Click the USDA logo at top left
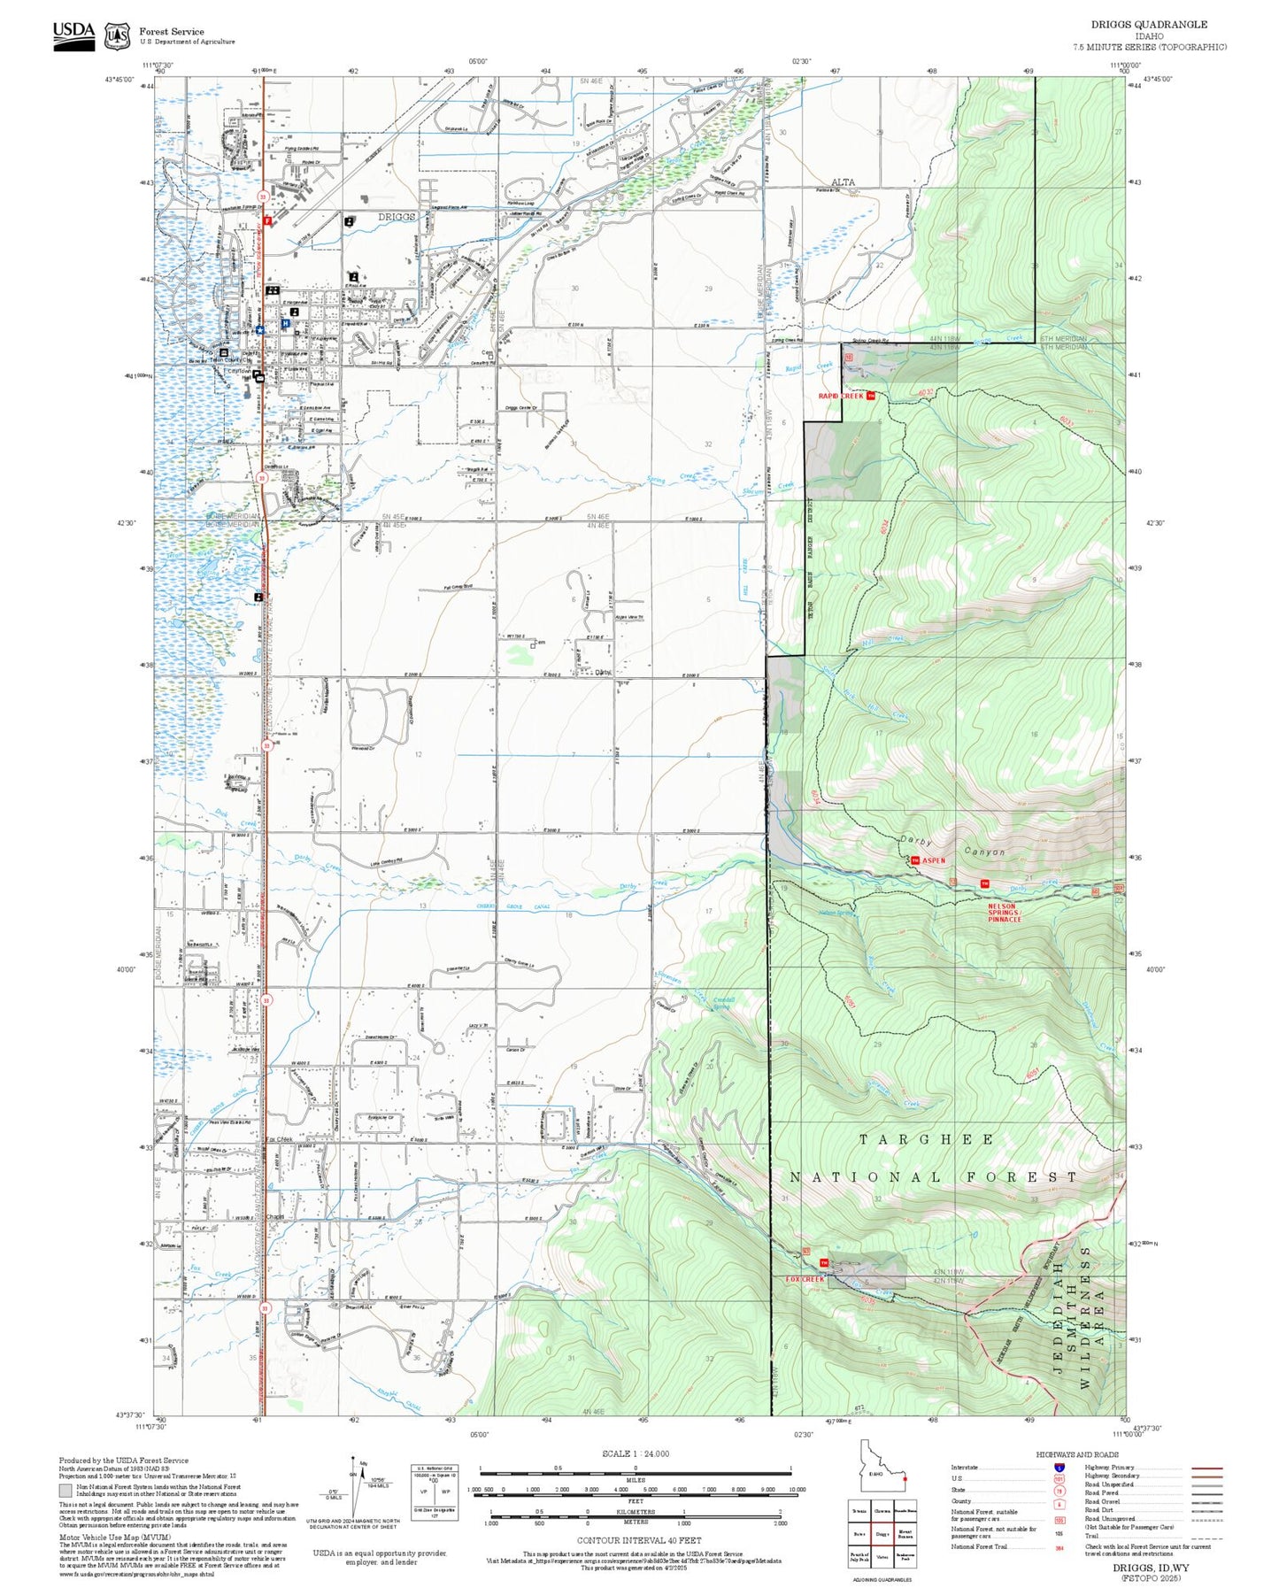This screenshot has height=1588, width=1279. pos(73,35)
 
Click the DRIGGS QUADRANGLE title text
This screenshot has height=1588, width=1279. pos(1149,25)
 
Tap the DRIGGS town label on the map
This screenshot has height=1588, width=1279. pos(397,217)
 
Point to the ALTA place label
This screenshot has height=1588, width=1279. pos(843,182)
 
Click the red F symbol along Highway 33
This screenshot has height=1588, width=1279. pos(267,220)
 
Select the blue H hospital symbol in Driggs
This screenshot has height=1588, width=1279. pos(285,324)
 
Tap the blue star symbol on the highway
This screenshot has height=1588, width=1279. pos(260,329)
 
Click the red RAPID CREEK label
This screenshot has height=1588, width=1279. pos(840,396)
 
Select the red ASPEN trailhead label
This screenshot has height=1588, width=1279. pos(934,860)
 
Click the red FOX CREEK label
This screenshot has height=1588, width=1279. pos(805,1279)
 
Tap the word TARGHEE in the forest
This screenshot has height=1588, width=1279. pos(926,1140)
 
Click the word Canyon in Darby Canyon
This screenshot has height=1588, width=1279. pos(984,852)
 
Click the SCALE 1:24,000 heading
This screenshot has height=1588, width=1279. pos(636,1453)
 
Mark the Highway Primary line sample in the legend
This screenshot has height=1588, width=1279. pos(1206,1467)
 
